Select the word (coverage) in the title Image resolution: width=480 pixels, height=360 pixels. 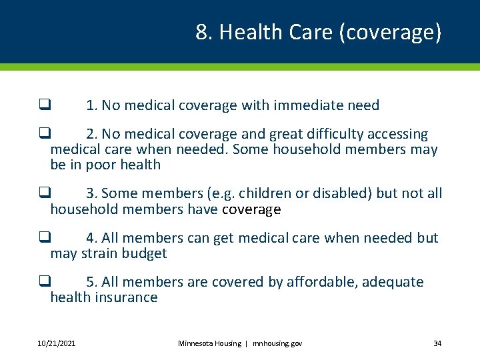[x=390, y=33]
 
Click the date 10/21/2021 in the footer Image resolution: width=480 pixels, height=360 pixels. [x=56, y=343]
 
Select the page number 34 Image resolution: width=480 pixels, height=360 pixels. [x=437, y=343]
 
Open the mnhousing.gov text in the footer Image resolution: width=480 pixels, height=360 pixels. [x=277, y=343]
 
